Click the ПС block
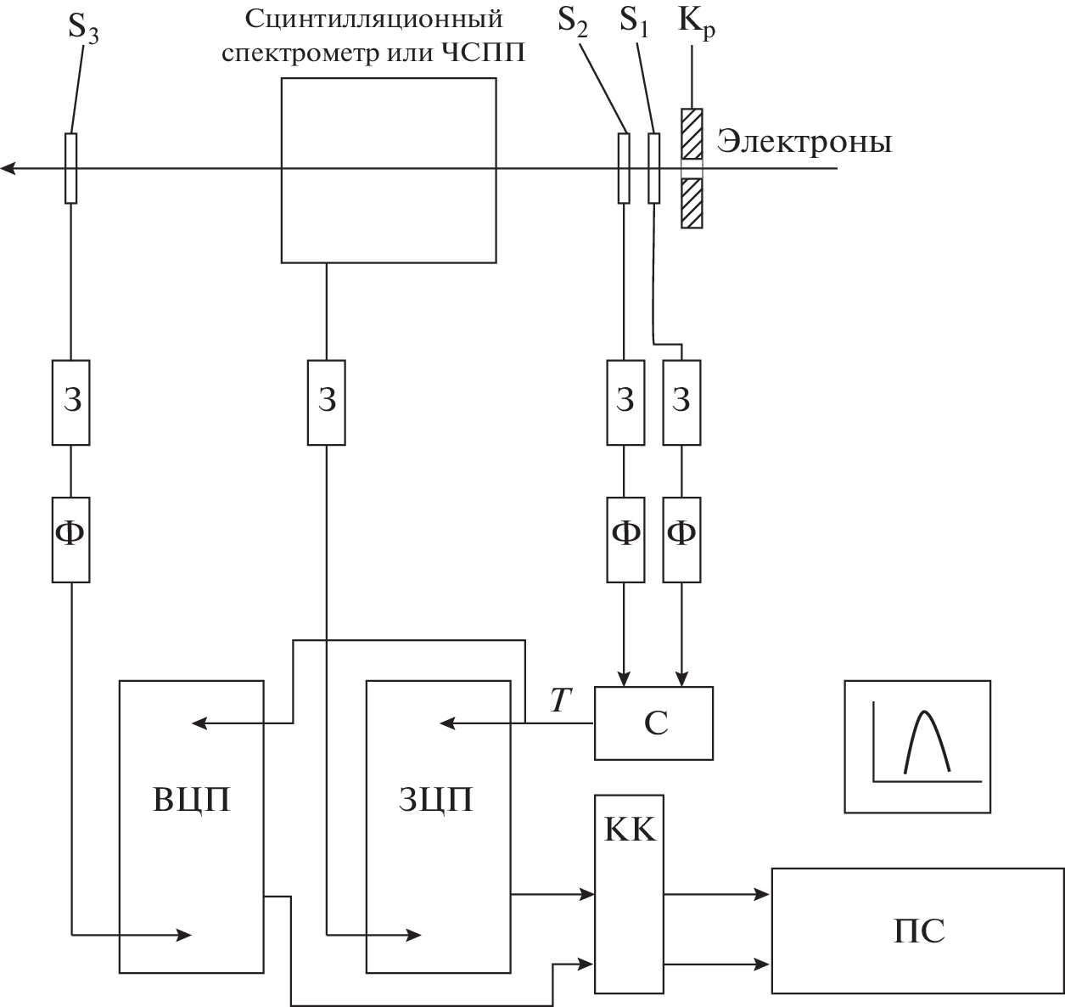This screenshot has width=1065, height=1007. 917,931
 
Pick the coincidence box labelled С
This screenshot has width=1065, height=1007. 654,723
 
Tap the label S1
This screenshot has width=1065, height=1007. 633,20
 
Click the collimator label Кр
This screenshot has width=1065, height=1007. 695,20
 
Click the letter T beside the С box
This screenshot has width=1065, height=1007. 560,700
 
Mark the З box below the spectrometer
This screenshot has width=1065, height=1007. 327,402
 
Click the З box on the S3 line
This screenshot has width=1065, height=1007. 71,402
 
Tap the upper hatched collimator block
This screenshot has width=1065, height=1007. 692,133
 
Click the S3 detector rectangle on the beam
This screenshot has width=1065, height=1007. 70,168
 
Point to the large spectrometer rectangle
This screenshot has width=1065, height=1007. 388,170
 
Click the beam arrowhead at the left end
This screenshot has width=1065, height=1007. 8,168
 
